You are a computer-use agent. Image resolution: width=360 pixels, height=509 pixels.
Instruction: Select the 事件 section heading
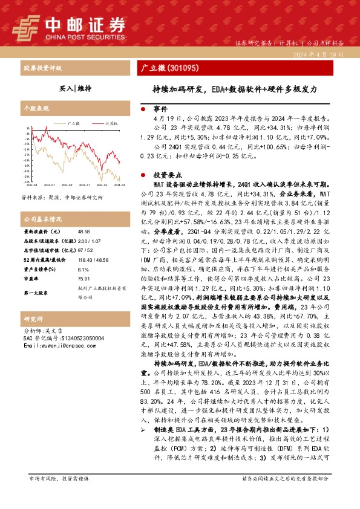pyautogui.click(x=160, y=110)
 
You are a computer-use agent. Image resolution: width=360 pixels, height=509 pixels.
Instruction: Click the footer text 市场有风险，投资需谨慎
pyautogui.click(x=59, y=495)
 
